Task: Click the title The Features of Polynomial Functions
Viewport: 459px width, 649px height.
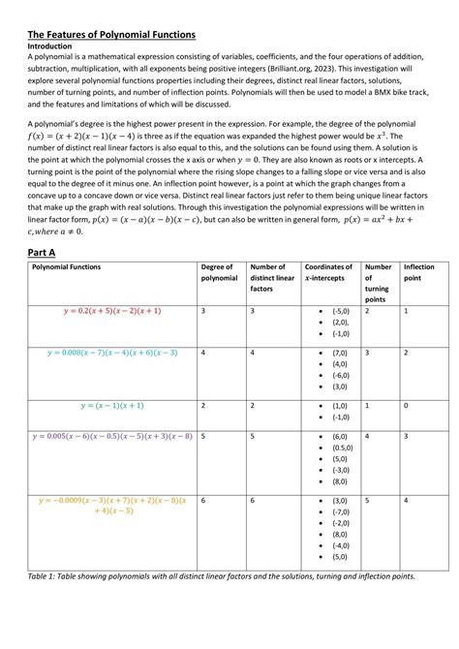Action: pos(110,34)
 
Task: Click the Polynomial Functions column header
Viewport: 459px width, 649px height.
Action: pos(71,266)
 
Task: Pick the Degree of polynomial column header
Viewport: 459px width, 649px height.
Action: pos(218,272)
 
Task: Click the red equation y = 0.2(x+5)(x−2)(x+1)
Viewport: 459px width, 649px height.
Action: pos(111,311)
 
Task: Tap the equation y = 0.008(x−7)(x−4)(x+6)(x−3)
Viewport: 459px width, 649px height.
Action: pos(111,353)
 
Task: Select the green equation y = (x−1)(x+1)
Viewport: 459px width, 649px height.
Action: pos(111,406)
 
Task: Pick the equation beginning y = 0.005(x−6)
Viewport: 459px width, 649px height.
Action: pos(111,436)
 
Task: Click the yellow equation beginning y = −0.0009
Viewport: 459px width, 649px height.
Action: pos(111,505)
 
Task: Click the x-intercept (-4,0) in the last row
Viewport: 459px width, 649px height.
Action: pos(340,544)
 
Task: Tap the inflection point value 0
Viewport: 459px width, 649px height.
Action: pos(406,406)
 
